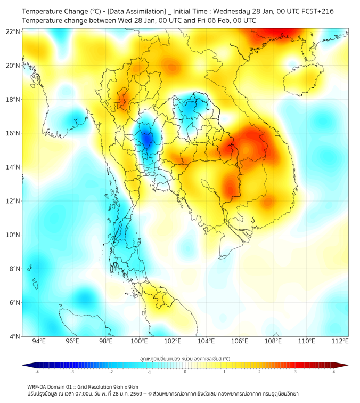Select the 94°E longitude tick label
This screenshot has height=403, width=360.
(x=39, y=341)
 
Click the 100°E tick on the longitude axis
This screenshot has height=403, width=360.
(x=140, y=341)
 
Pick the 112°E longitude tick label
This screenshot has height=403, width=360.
(x=340, y=341)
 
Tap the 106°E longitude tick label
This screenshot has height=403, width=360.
(x=240, y=341)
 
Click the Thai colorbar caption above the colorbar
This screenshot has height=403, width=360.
(x=185, y=358)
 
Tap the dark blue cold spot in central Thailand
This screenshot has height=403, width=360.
(x=146, y=139)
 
